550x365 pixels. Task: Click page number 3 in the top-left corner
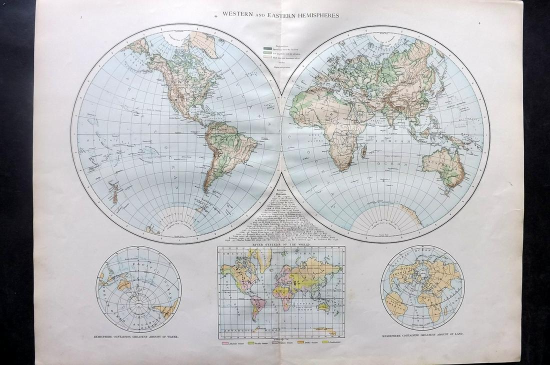[x=80, y=18]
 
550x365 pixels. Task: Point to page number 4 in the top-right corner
[x=478, y=23]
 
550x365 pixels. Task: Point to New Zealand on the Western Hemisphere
[x=114, y=192]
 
